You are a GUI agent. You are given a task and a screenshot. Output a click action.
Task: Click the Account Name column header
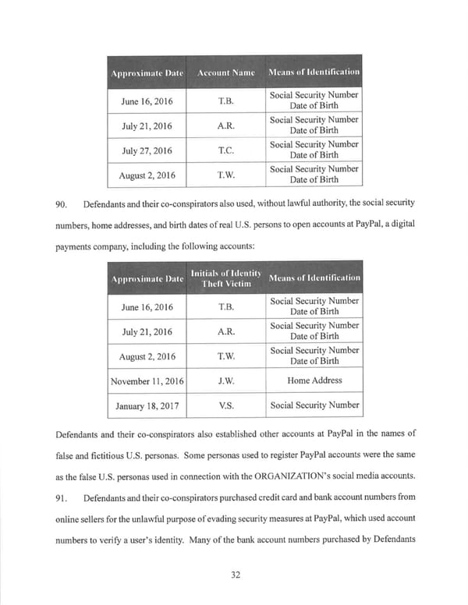[x=224, y=73]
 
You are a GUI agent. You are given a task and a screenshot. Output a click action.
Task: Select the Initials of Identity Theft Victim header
[x=224, y=278]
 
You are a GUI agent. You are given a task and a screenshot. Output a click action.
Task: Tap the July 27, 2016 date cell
[x=147, y=150]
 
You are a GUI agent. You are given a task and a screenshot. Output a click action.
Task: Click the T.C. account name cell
[x=224, y=150]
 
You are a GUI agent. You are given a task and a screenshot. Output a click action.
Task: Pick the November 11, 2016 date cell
[x=147, y=381]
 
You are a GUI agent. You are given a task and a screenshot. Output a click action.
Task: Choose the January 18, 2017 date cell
[x=147, y=405]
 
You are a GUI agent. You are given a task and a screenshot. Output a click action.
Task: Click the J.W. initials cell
[x=224, y=381]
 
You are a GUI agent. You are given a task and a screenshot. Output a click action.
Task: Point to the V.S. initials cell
[x=224, y=405]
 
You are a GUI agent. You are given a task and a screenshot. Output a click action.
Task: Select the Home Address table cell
[x=314, y=381]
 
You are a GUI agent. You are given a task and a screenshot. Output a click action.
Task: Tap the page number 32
[x=234, y=575]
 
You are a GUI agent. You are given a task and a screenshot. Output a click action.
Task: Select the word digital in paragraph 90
[x=399, y=225]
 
